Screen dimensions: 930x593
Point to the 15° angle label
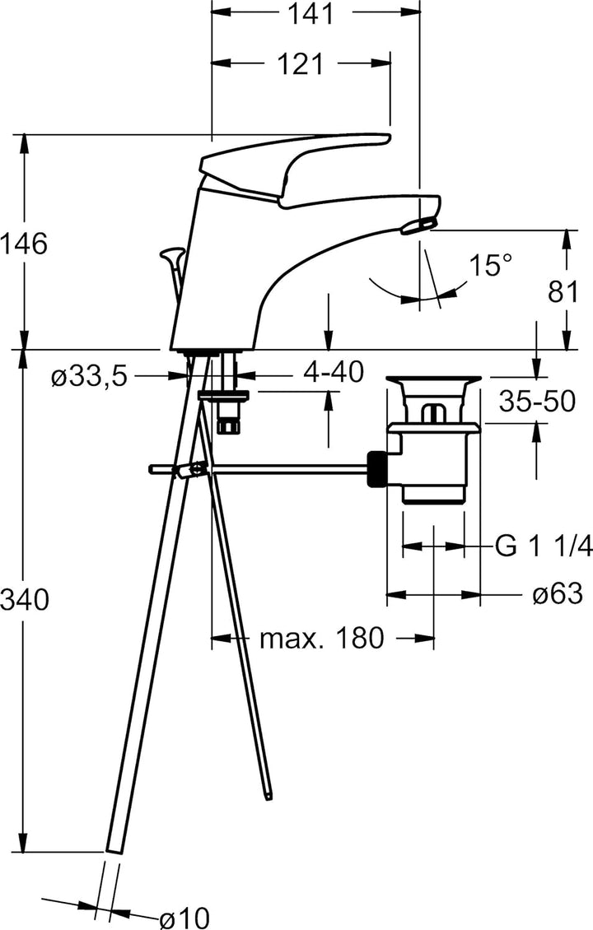tap(491, 265)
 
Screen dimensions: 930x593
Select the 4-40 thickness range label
tap(333, 373)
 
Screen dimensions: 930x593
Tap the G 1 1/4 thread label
tap(544, 545)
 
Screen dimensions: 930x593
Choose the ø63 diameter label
tap(558, 593)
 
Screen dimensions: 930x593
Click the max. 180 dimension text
tap(322, 638)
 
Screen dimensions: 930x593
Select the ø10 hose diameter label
tap(184, 916)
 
